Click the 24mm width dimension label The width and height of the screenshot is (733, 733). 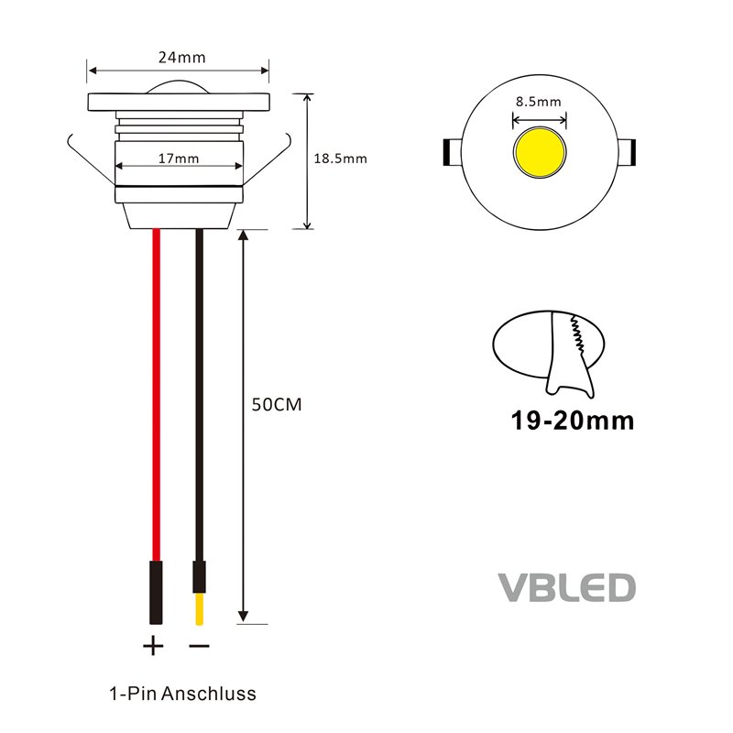click(x=181, y=58)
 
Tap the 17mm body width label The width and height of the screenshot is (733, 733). click(x=178, y=159)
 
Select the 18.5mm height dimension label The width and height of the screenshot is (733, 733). click(x=340, y=159)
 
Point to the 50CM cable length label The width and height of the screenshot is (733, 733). click(x=277, y=404)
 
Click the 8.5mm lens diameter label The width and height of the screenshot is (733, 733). click(x=539, y=102)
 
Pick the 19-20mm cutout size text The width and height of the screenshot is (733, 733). click(x=572, y=421)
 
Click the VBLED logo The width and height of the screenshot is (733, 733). click(x=566, y=587)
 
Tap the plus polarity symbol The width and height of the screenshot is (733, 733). click(x=153, y=646)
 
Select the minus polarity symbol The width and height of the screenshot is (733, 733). click(x=199, y=646)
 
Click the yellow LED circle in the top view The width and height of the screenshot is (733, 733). click(x=540, y=152)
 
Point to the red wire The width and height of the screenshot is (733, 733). click(x=156, y=395)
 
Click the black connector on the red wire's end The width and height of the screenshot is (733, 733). click(x=156, y=592)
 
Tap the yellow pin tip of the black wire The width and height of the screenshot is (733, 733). click(x=199, y=608)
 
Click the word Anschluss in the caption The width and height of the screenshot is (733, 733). click(x=209, y=694)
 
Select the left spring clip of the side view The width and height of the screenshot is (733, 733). click(x=91, y=159)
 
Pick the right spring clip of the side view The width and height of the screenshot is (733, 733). click(x=267, y=159)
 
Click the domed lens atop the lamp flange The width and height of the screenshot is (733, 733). click(x=179, y=86)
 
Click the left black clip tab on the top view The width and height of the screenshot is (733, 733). click(x=452, y=152)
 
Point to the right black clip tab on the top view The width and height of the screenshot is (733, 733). click(x=627, y=152)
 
